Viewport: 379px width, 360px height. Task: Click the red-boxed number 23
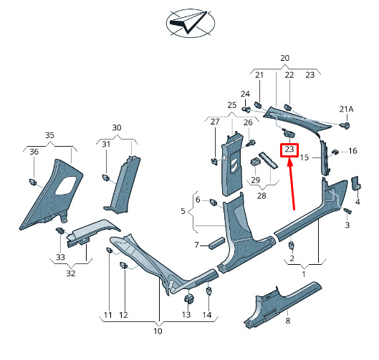pyautogui.click(x=289, y=150)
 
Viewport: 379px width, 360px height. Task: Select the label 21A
pyautogui.click(x=346, y=110)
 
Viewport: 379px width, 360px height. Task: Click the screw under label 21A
pyautogui.click(x=345, y=125)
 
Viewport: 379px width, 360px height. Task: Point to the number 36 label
pyautogui.click(x=34, y=152)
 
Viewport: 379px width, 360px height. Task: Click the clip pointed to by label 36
pyautogui.click(x=33, y=182)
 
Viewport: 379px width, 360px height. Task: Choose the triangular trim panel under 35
pyautogui.click(x=52, y=195)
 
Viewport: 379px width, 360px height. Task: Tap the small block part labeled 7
pyautogui.click(x=217, y=243)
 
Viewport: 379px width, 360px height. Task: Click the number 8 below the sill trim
pyautogui.click(x=287, y=321)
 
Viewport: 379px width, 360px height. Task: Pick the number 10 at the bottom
pyautogui.click(x=158, y=331)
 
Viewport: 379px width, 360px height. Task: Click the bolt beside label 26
pyautogui.click(x=251, y=143)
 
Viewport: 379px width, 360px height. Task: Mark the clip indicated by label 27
pyautogui.click(x=214, y=161)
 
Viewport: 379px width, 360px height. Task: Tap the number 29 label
pyautogui.click(x=256, y=180)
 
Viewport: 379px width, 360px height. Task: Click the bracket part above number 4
pyautogui.click(x=355, y=183)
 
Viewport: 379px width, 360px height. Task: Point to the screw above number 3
pyautogui.click(x=347, y=211)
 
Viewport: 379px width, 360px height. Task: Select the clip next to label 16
pyautogui.click(x=335, y=152)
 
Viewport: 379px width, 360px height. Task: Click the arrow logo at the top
pyautogui.click(x=191, y=23)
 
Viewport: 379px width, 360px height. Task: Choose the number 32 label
pyautogui.click(x=71, y=273)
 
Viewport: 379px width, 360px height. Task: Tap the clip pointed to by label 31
pyautogui.click(x=105, y=177)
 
